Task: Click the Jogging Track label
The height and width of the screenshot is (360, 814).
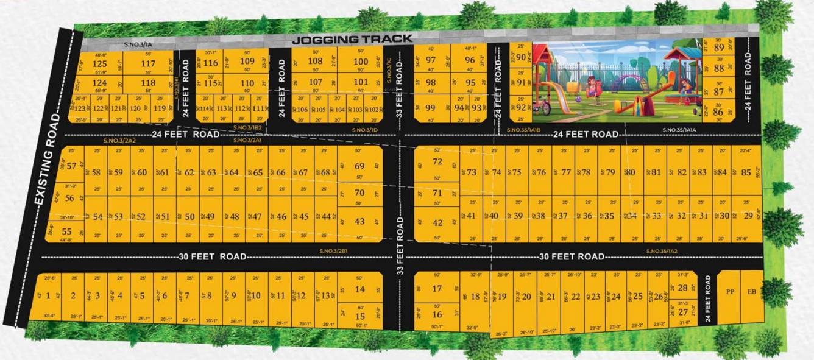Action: point(352,40)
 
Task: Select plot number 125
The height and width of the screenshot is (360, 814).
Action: point(99,64)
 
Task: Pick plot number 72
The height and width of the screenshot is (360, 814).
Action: point(437,162)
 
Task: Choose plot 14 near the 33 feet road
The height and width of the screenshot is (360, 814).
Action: point(360,290)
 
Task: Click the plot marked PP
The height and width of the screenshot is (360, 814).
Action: point(730,292)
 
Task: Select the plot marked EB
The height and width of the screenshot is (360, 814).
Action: point(752,292)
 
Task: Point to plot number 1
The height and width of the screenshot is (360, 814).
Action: point(48,296)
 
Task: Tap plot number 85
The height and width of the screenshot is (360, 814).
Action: point(746,172)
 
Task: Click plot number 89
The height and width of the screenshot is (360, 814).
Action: point(719,48)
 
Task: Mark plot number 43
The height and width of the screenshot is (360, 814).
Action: point(359,222)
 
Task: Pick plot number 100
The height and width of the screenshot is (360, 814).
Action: point(361,62)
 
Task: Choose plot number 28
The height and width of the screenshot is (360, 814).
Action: point(683,288)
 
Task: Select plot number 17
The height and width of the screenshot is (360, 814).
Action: point(437,289)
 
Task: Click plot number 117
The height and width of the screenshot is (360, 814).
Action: point(148,64)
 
